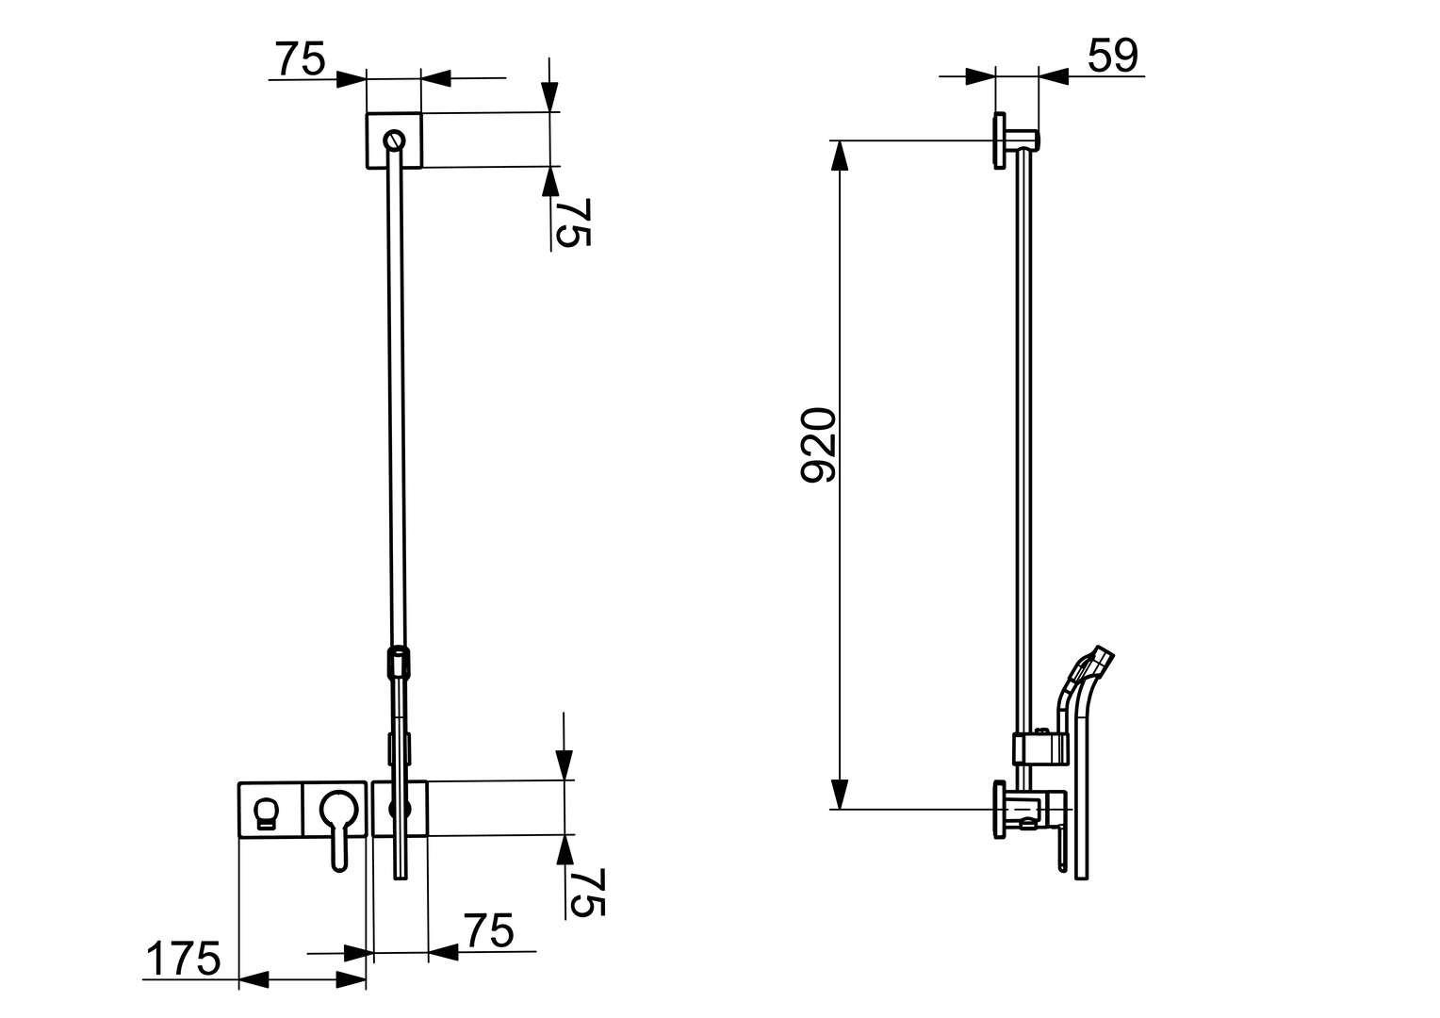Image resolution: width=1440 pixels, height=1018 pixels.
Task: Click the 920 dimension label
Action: pos(817,445)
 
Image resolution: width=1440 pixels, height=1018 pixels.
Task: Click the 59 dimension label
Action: pos(1112,57)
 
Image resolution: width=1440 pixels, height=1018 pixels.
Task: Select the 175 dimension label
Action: pos(183,960)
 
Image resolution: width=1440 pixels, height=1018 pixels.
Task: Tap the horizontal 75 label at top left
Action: pos(300,59)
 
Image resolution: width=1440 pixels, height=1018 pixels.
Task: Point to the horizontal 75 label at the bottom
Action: pos(488,930)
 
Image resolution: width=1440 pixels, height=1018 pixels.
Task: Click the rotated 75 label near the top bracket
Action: pos(573,222)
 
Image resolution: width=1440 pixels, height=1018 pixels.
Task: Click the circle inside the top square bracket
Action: pos(394,140)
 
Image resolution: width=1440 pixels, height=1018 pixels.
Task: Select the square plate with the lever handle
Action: pos(335,809)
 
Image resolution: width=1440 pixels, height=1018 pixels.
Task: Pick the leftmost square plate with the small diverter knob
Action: pos(270,809)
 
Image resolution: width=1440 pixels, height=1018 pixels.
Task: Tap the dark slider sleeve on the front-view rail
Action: pos(399,661)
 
